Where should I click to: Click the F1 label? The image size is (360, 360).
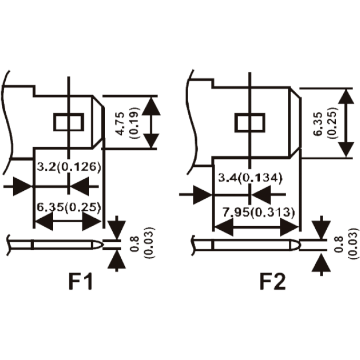point(81,281)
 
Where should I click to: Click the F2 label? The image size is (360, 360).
point(273,281)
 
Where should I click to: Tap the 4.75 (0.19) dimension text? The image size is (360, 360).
point(128,123)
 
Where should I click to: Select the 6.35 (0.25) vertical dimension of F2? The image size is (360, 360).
point(326,123)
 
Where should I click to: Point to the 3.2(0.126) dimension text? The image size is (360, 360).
point(69,167)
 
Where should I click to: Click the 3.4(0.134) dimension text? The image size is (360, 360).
point(250,178)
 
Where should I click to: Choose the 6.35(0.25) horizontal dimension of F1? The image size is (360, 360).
point(69,207)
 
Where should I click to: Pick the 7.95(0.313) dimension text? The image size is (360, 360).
point(259,212)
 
